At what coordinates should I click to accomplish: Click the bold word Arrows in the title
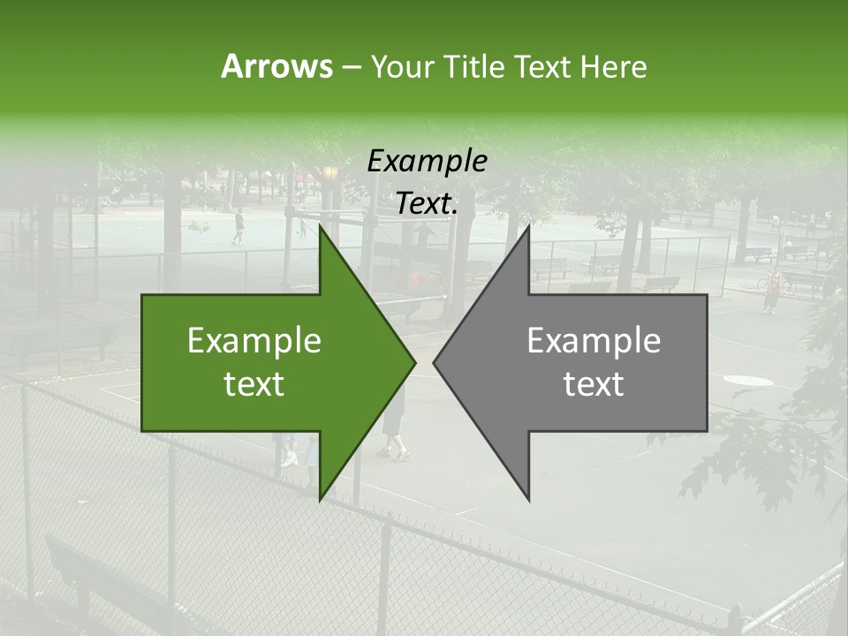[276, 66]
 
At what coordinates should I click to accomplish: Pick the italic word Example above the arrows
[427, 161]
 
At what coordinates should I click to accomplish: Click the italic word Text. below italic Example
[427, 204]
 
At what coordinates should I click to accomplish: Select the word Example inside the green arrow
[254, 340]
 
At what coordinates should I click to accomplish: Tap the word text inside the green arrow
[254, 384]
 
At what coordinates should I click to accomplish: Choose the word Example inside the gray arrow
[594, 340]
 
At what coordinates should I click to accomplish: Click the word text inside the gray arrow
[594, 384]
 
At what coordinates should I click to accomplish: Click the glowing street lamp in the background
[330, 172]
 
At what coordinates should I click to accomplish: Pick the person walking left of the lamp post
[238, 226]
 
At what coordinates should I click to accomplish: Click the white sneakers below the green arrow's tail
[289, 460]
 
